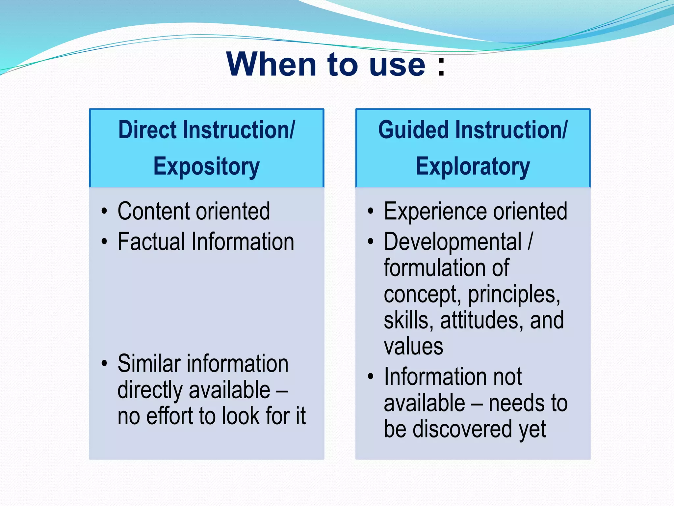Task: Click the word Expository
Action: click(206, 167)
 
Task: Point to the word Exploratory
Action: click(473, 167)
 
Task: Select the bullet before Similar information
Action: click(104, 363)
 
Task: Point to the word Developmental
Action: click(453, 242)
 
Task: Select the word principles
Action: click(514, 294)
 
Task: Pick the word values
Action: click(413, 347)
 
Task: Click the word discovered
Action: click(463, 429)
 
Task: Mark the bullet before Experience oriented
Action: click(371, 211)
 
